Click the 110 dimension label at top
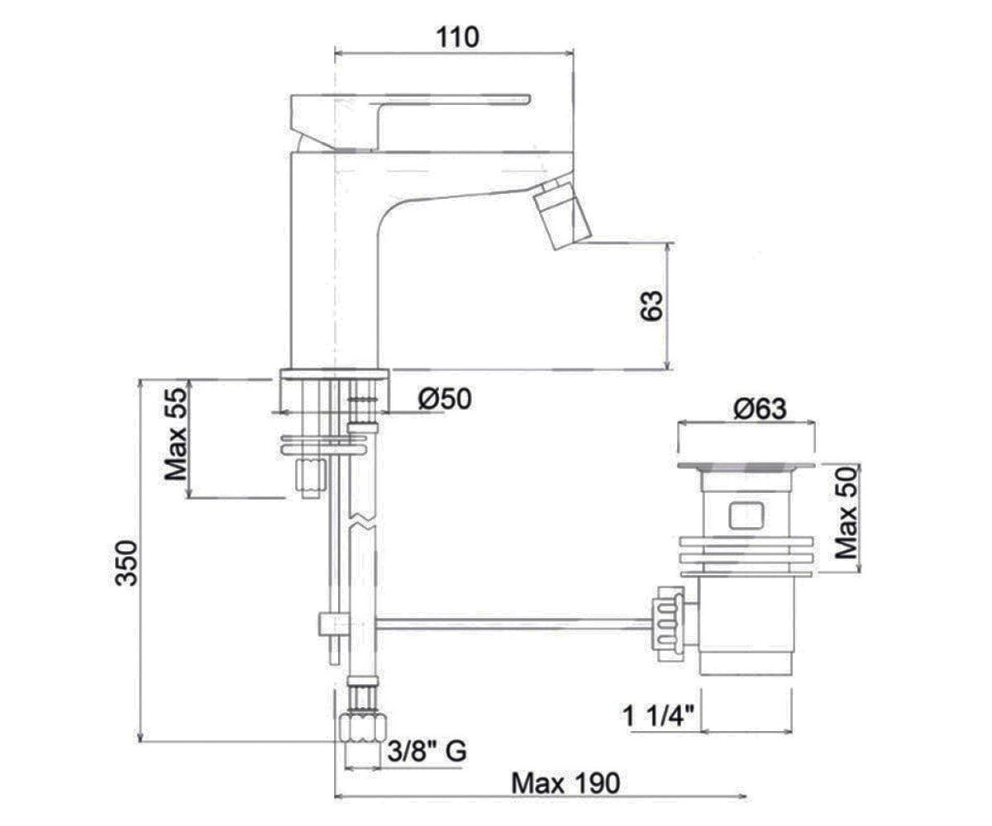pyautogui.click(x=457, y=38)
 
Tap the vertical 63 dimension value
pyautogui.click(x=651, y=306)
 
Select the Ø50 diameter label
pyautogui.click(x=445, y=398)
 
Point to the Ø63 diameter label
pyautogui.click(x=760, y=409)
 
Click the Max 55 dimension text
pyautogui.click(x=175, y=434)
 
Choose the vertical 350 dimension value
pyautogui.click(x=126, y=563)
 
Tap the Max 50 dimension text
pyautogui.click(x=847, y=513)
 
